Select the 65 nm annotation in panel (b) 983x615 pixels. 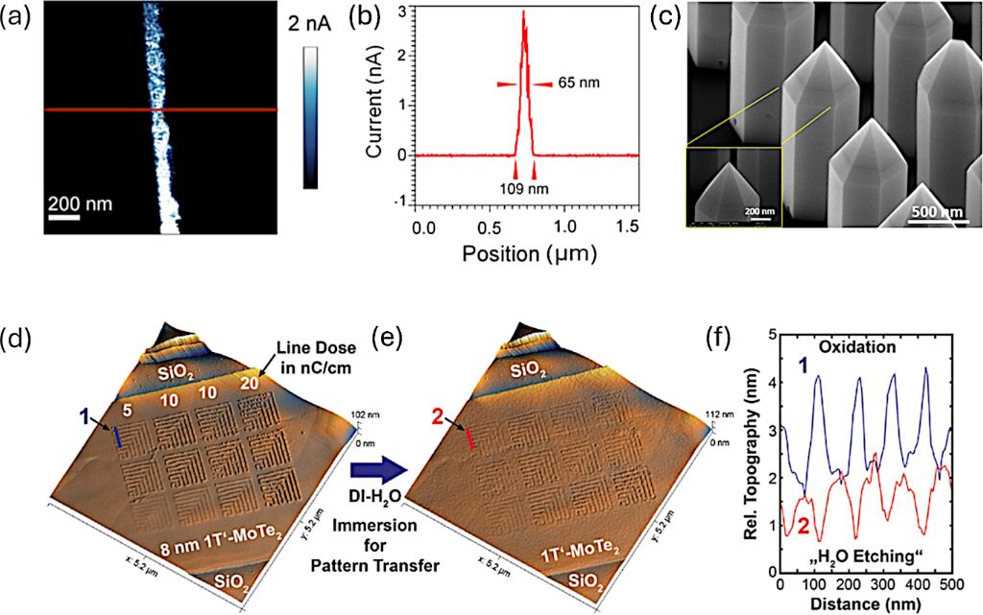(x=581, y=84)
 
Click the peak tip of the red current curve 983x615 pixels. (x=523, y=12)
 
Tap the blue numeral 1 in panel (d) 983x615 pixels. (x=86, y=416)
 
